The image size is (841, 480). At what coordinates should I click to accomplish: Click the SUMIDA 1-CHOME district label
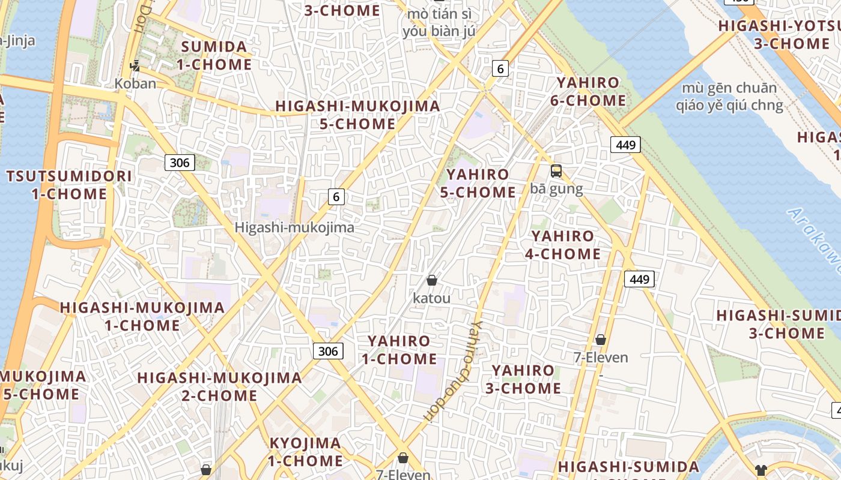(x=214, y=56)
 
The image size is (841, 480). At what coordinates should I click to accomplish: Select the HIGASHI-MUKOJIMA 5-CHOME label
(x=357, y=115)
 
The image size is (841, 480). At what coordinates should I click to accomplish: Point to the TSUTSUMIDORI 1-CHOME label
(x=69, y=185)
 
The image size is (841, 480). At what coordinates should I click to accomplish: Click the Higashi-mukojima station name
(x=294, y=228)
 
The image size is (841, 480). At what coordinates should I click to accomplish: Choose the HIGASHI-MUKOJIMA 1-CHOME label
(x=142, y=317)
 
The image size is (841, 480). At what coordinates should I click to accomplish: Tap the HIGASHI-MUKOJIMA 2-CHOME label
(x=219, y=386)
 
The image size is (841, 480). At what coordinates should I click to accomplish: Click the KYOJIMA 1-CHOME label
(x=305, y=452)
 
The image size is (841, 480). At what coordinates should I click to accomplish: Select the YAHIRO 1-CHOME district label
(x=399, y=350)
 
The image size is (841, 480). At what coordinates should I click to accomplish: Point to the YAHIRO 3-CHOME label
(x=523, y=379)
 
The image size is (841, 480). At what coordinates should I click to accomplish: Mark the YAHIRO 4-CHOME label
(x=563, y=245)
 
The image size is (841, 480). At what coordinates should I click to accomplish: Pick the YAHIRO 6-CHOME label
(x=588, y=92)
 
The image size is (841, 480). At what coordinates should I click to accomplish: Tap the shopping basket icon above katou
(x=431, y=280)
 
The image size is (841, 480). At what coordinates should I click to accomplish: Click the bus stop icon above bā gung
(x=556, y=171)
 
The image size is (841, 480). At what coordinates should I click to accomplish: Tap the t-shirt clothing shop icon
(x=761, y=470)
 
